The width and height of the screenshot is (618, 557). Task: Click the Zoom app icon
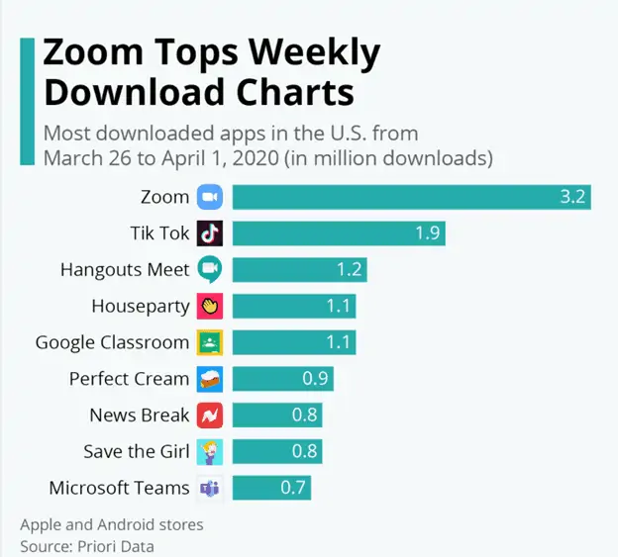pos(209,197)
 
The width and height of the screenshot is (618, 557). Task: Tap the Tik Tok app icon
pos(209,233)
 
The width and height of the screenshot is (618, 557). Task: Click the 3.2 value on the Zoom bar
pos(572,197)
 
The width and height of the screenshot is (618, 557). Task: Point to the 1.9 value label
pos(427,233)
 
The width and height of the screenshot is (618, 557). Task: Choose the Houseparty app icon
pos(209,306)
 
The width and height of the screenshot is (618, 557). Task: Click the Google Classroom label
pos(112,342)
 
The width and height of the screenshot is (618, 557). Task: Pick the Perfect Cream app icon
pos(209,379)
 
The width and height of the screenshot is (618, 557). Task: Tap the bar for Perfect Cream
pos(282,379)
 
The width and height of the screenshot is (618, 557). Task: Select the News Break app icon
pos(209,416)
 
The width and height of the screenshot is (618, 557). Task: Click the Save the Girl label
pos(136,451)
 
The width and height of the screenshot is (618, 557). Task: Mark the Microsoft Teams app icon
pos(209,488)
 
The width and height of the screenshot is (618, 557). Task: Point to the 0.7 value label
pos(293,488)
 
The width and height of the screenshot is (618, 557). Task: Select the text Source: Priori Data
pos(87,545)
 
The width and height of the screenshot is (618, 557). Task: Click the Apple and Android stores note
pos(111,524)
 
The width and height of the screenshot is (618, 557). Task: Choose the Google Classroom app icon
pos(209,342)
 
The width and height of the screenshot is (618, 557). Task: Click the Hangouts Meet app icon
pos(209,269)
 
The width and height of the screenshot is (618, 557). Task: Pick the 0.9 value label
pos(315,379)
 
